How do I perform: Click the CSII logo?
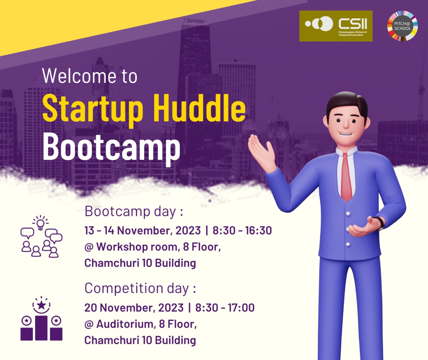coord(336,26)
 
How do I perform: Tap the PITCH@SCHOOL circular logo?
coord(402,26)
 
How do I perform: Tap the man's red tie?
coord(346,177)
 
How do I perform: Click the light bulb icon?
coord(40,224)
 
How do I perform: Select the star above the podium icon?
coord(42,305)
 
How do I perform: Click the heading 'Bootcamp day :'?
coord(134,211)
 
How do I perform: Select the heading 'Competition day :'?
coord(140,289)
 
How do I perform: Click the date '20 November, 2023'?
coord(134,308)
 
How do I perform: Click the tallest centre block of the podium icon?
coord(42,328)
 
